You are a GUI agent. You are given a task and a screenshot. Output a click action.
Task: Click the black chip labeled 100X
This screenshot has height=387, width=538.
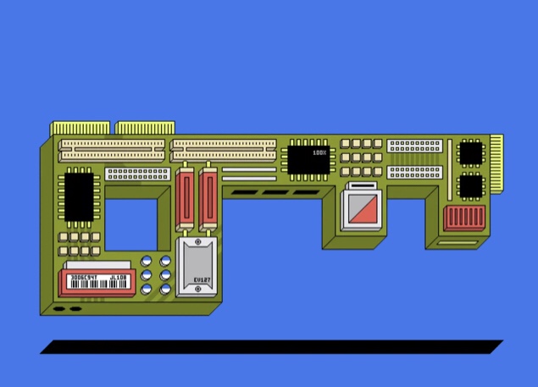pyautogui.click(x=308, y=159)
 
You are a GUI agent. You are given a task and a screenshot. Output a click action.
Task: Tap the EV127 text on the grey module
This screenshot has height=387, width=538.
pyautogui.click(x=201, y=279)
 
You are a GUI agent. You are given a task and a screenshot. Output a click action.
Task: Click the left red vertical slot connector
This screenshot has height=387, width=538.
pyautogui.click(x=187, y=200)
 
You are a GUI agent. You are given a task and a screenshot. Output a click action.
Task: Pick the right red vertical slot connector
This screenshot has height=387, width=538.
pyautogui.click(x=208, y=200)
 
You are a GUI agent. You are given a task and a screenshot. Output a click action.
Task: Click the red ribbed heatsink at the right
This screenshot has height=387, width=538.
pyautogui.click(x=464, y=216)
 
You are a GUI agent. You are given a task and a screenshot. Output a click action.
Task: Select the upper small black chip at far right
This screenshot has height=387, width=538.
pyautogui.click(x=470, y=153)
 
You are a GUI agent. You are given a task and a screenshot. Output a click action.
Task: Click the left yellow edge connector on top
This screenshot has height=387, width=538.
pyautogui.click(x=80, y=129)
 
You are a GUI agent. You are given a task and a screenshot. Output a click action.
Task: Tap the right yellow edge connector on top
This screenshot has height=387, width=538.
pyautogui.click(x=140, y=129)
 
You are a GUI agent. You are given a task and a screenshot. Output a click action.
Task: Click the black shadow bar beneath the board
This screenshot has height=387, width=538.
pyautogui.click(x=271, y=347)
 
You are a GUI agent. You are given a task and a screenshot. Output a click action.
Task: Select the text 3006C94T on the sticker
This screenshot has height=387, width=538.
pyautogui.click(x=84, y=277)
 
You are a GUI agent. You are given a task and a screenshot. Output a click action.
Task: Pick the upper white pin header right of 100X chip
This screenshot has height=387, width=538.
pyautogui.click(x=414, y=146)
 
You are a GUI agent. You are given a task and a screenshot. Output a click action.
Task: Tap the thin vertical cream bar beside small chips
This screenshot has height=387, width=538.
pyautogui.click(x=449, y=169)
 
